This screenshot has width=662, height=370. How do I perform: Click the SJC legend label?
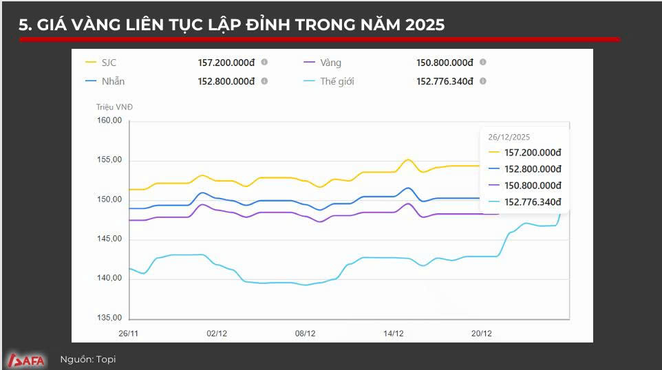pos(109,63)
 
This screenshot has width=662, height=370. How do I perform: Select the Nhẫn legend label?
pos(113,81)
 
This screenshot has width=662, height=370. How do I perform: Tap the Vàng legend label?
pos(330,63)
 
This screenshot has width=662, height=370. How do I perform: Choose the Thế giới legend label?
pos(337,81)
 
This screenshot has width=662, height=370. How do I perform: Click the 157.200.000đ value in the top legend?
pos(226,63)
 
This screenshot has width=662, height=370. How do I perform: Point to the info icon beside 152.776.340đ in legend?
pos(483,81)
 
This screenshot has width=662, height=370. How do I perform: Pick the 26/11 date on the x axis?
pos(129,333)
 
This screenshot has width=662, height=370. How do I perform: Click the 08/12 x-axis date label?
pos(305,333)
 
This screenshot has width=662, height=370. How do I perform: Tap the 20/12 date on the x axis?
pos(481,333)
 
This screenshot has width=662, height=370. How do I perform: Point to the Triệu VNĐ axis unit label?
pos(114,107)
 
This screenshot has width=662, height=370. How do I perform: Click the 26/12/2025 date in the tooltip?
pos(509,137)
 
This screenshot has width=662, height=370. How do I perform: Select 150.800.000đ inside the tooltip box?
pos(533,186)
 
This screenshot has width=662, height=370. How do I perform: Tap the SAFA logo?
pos(25,359)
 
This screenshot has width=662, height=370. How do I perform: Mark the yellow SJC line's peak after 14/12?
pos(407,160)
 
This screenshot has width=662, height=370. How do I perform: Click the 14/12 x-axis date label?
pos(393,333)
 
